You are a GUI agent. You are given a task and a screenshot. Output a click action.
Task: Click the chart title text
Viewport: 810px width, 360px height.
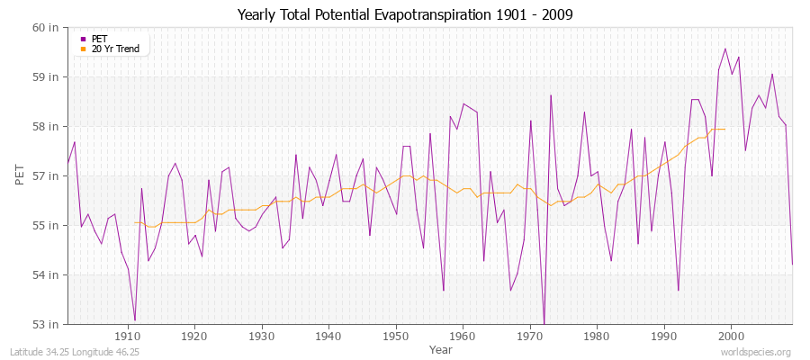click(x=405, y=15)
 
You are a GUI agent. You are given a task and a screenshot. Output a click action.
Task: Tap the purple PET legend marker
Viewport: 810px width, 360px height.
click(x=84, y=39)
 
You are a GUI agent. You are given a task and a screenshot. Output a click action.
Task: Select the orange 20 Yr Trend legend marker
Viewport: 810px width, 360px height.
click(x=84, y=49)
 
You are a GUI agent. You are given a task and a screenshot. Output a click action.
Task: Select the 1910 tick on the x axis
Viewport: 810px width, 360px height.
click(x=128, y=337)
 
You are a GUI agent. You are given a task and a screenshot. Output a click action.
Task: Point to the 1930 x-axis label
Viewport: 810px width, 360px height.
click(x=262, y=337)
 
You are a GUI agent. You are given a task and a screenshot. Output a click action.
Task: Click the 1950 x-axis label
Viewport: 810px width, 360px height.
click(x=396, y=337)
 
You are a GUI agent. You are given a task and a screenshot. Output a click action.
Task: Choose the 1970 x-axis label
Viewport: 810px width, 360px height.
click(x=530, y=337)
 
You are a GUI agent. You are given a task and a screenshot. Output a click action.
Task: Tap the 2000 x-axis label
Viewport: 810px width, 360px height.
click(x=731, y=337)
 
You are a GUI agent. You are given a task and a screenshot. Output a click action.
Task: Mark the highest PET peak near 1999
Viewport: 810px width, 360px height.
click(x=725, y=49)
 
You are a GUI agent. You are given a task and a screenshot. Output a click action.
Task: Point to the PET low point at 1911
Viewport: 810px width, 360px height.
click(x=135, y=320)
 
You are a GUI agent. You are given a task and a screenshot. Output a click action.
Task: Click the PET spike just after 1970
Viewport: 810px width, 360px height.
click(x=551, y=95)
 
